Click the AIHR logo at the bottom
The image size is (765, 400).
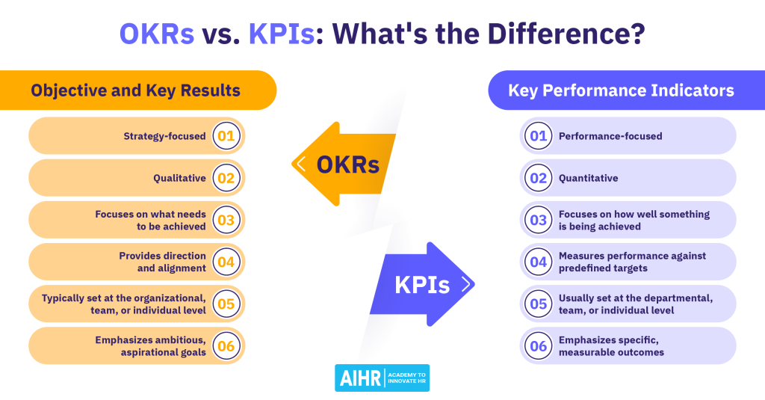[x=382, y=378]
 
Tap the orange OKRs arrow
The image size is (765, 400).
[x=344, y=164]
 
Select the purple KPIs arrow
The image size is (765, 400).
[x=422, y=284]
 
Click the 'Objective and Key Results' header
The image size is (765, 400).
[x=136, y=90]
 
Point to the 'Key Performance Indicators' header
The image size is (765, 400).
[x=621, y=90]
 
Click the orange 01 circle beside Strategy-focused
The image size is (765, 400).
[x=226, y=136]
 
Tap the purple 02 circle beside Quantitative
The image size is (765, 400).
[x=538, y=178]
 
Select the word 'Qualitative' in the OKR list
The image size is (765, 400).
[x=179, y=178]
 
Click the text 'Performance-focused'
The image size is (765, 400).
[x=610, y=136]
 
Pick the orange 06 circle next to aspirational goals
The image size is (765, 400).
[x=226, y=345]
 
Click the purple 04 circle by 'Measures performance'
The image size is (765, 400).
[x=538, y=262]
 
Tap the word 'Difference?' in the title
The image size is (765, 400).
[x=566, y=34]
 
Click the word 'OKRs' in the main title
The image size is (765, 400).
[x=157, y=34]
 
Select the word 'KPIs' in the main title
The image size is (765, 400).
[x=282, y=34]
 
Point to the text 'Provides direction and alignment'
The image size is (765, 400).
[x=162, y=262]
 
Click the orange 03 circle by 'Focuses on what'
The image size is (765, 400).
[x=226, y=220]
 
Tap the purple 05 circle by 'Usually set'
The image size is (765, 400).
[x=538, y=304]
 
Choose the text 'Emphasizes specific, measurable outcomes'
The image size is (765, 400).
[x=611, y=345]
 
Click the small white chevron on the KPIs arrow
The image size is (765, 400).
[x=466, y=284]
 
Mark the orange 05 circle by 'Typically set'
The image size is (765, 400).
[x=226, y=304]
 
